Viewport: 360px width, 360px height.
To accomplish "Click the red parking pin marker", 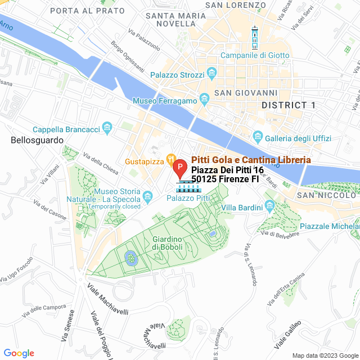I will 179,168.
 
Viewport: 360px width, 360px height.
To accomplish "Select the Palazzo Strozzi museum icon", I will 212,73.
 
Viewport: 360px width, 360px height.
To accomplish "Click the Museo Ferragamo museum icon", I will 204,100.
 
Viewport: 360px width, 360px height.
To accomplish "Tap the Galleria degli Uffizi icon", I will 258,137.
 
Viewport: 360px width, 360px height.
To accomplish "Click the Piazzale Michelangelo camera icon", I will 290,226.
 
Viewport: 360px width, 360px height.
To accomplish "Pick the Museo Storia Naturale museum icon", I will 147,196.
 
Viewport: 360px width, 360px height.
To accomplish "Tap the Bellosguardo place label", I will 37,141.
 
